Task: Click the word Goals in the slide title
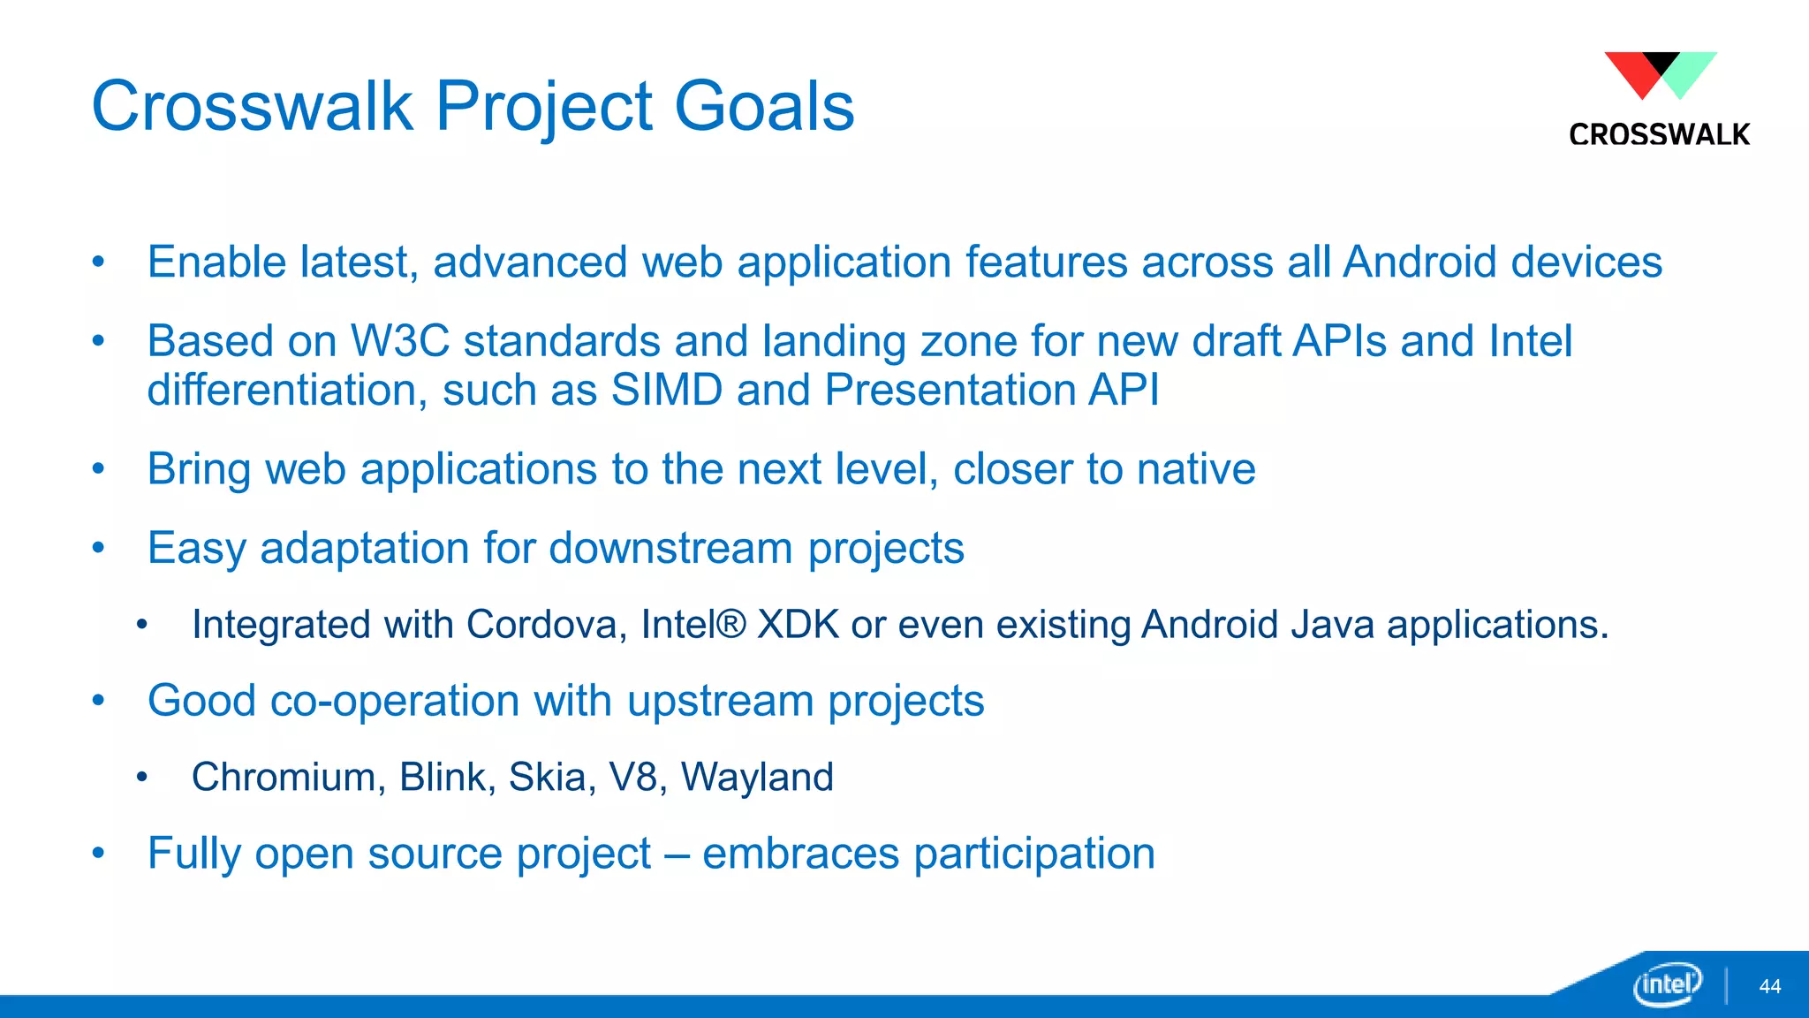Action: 764,106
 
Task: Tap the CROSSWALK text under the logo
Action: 1659,134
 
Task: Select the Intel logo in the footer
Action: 1667,984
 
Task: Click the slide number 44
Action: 1769,986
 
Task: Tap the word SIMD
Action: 667,390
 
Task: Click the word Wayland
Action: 757,778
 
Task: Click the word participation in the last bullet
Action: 1034,855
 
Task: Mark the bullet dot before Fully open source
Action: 99,854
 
